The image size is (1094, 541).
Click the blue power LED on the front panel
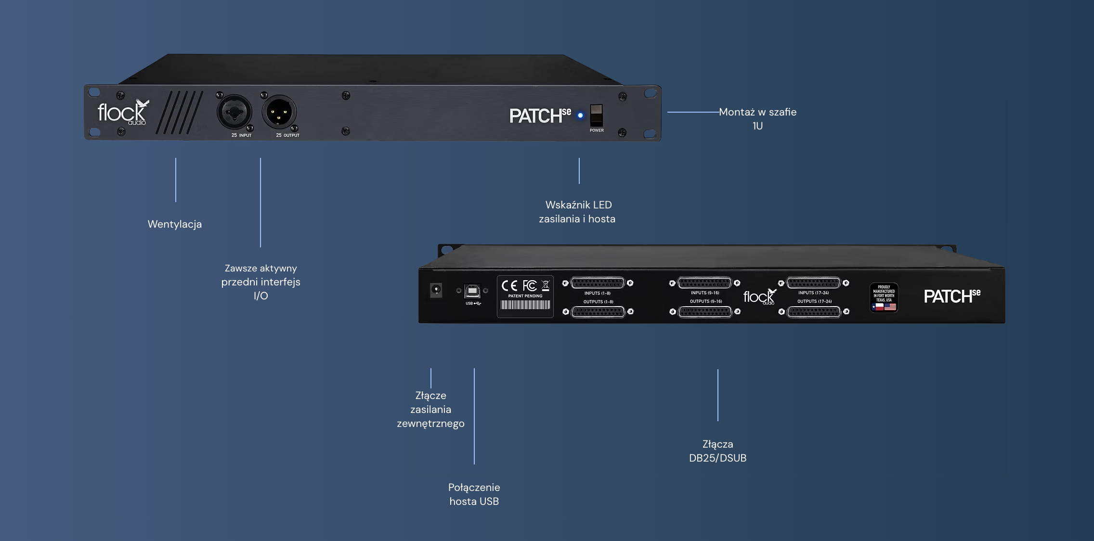(580, 116)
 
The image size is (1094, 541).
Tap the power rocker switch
(597, 115)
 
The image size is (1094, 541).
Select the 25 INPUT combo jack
(234, 113)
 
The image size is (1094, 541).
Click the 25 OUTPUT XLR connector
(279, 113)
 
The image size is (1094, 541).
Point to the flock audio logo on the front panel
(123, 113)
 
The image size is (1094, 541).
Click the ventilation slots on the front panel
(179, 113)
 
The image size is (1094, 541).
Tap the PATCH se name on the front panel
(540, 116)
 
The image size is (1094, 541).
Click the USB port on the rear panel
(472, 291)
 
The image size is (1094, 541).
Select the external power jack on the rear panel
(436, 290)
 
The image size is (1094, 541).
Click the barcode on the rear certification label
(525, 305)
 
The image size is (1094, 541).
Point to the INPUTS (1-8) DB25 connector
(598, 283)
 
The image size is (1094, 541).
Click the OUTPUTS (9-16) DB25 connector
(705, 312)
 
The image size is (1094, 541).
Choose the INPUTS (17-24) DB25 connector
(813, 283)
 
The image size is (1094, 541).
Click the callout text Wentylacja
(175, 224)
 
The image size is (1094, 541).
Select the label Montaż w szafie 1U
(757, 119)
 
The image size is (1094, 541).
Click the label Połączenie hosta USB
(474, 494)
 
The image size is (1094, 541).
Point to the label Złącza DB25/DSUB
(717, 451)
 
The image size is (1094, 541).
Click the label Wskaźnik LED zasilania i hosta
(577, 212)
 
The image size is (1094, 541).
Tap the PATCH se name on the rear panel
(951, 296)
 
